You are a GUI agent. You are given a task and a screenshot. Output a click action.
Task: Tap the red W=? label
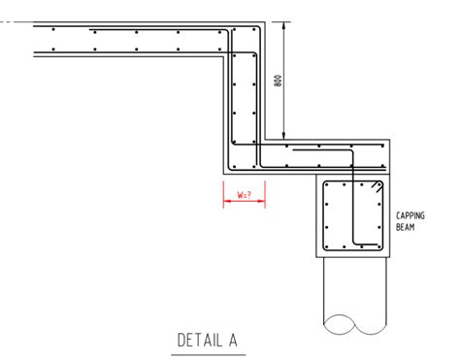244,195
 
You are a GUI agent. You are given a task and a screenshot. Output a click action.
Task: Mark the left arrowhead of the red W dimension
225,194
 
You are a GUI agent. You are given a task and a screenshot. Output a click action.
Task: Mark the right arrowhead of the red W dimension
262,194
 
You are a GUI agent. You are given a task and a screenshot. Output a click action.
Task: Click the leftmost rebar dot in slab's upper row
53,31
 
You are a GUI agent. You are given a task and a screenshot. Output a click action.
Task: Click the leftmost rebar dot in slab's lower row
53,49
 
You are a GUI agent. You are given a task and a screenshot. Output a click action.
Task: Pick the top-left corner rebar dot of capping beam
331,184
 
